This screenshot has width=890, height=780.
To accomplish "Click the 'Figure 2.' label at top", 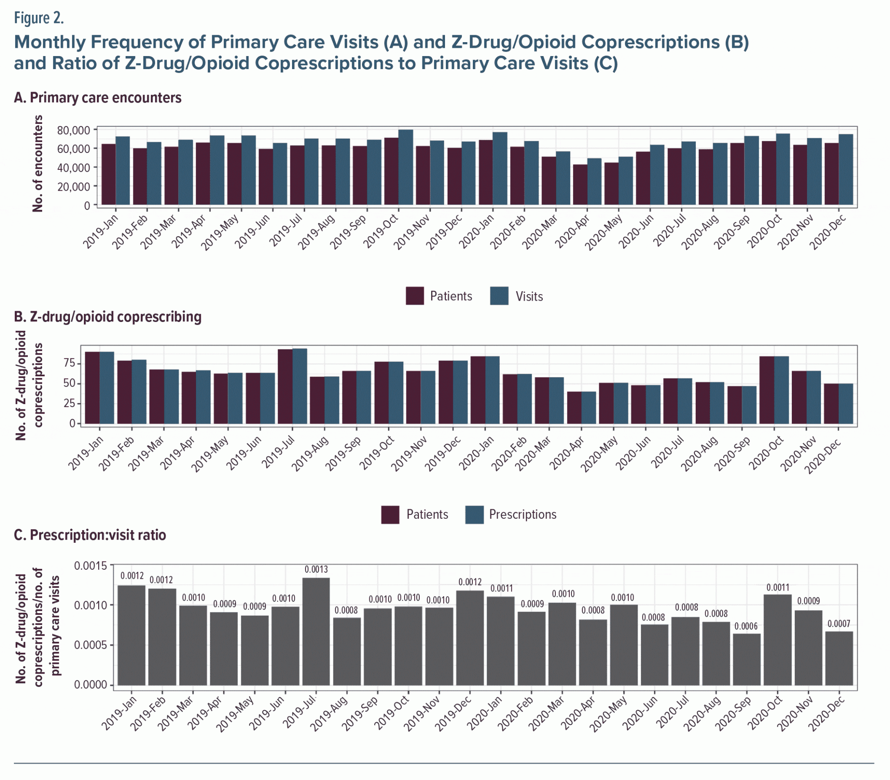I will pyautogui.click(x=39, y=18).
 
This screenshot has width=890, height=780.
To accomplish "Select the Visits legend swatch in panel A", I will pyautogui.click(x=499, y=296).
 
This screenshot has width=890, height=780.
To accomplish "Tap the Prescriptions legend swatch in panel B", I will pyautogui.click(x=474, y=514).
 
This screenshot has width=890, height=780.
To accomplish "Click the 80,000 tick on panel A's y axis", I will pyautogui.click(x=73, y=130).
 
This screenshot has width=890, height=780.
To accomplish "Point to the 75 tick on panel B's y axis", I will pyautogui.click(x=70, y=363).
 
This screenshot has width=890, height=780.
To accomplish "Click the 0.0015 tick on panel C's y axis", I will pyautogui.click(x=90, y=566).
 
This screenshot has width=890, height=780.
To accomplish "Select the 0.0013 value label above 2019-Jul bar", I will pyautogui.click(x=316, y=569).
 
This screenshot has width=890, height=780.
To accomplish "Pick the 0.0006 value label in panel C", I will pyautogui.click(x=746, y=626).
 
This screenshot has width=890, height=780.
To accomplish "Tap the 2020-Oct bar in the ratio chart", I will pyautogui.click(x=777, y=640).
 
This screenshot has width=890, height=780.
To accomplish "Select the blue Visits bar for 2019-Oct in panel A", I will pyautogui.click(x=405, y=168).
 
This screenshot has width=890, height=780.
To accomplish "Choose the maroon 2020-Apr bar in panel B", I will pyautogui.click(x=574, y=408).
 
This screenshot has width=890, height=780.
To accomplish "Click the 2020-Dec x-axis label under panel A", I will pyautogui.click(x=827, y=232).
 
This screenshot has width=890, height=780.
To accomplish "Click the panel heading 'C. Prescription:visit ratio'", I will pyautogui.click(x=90, y=535).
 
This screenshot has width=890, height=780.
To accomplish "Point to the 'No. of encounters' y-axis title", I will pyautogui.click(x=38, y=164).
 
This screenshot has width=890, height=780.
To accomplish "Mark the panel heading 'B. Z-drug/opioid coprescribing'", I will pyautogui.click(x=107, y=316).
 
